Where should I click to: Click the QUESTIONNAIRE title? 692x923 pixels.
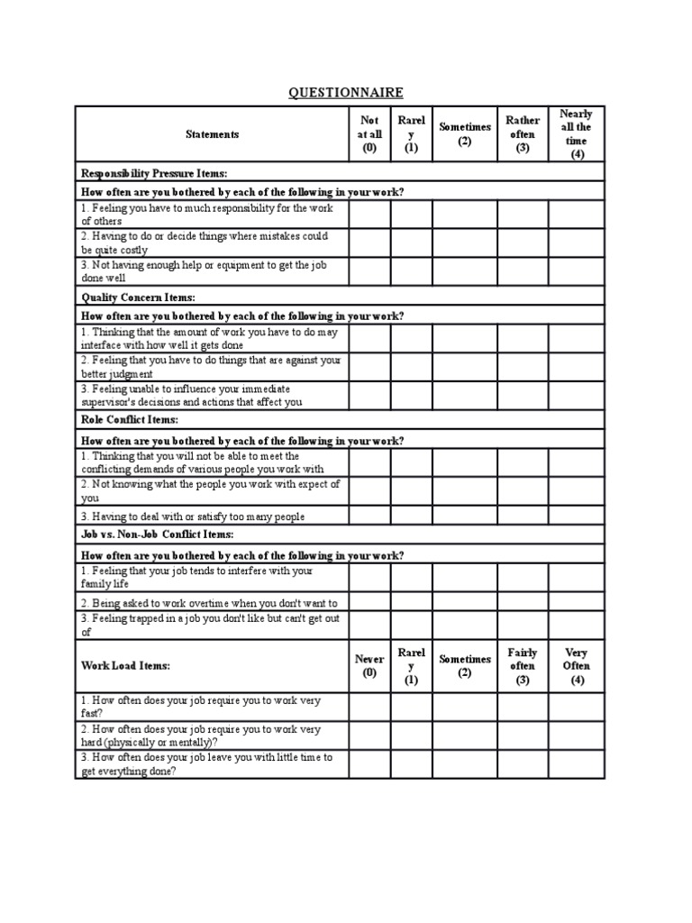[346, 93]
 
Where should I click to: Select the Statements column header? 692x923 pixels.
[212, 134]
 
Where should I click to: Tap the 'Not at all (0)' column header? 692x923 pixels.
[369, 134]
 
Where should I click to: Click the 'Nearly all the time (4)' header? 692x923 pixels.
[577, 134]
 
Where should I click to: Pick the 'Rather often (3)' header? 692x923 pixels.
[523, 134]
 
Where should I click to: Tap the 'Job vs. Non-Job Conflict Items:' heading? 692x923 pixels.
[151, 534]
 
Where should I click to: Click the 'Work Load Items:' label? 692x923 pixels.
[125, 666]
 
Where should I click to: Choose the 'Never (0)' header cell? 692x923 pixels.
[369, 666]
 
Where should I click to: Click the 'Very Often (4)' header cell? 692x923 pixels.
[577, 666]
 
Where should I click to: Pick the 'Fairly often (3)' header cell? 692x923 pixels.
[523, 666]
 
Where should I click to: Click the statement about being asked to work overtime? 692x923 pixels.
[209, 603]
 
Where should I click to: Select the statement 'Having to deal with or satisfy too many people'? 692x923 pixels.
[193, 516]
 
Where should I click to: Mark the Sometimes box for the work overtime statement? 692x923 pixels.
[465, 602]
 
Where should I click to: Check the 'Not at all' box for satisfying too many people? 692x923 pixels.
[369, 516]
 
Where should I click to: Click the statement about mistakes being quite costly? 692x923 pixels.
[204, 242]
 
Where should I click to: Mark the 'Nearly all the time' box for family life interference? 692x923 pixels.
[577, 577]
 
